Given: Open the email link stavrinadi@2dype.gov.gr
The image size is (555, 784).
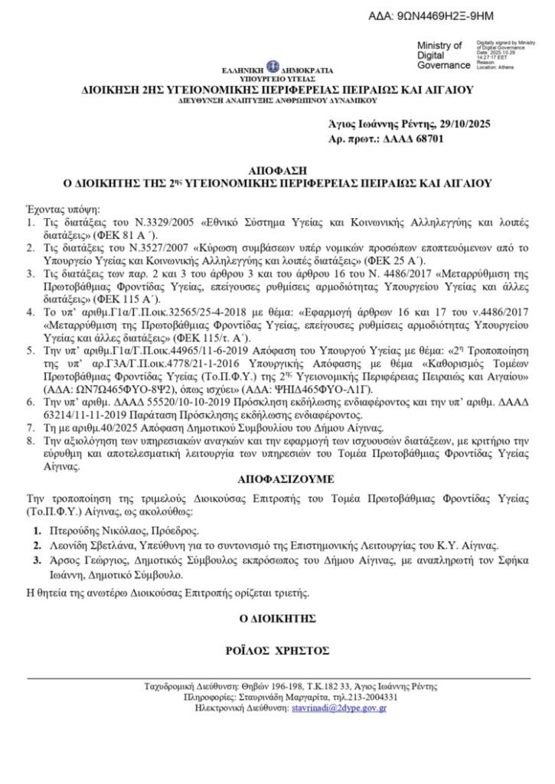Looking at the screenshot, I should (339, 710).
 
